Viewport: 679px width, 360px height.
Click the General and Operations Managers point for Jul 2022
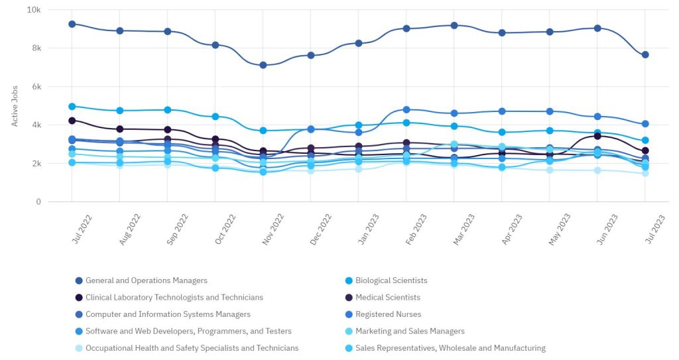click(x=72, y=24)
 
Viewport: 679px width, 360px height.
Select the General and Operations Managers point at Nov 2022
click(x=263, y=65)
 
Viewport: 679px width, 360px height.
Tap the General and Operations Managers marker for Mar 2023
click(x=454, y=25)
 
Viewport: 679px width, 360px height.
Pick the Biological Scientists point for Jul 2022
click(x=72, y=106)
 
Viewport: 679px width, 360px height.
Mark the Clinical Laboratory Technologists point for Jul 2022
click(x=72, y=121)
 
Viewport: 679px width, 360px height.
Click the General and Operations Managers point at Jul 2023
click(x=645, y=54)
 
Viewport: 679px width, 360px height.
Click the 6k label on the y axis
click(x=34, y=87)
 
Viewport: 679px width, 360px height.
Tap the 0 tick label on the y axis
click(x=38, y=202)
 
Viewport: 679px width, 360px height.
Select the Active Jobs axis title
click(x=15, y=105)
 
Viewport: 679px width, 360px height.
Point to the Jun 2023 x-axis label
click(x=608, y=229)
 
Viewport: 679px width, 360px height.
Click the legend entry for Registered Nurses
click(x=388, y=314)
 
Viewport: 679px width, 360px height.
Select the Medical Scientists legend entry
click(x=387, y=298)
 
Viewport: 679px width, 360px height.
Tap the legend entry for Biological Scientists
click(x=391, y=280)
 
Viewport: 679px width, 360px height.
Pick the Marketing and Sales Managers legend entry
click(x=410, y=331)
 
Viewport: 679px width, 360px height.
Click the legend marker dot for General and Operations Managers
click(x=79, y=280)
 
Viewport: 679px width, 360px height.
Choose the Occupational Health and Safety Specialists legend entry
click(x=192, y=348)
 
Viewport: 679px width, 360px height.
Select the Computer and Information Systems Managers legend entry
click(x=168, y=314)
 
